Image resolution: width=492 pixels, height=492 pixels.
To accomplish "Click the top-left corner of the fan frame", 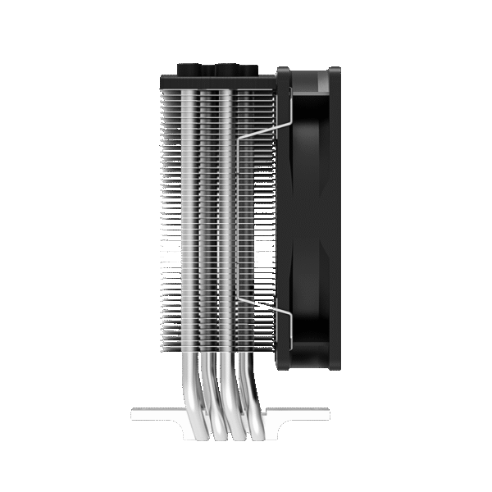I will click(x=282, y=72).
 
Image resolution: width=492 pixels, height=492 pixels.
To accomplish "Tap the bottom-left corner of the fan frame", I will click(x=282, y=365).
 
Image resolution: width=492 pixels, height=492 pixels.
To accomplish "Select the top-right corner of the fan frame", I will click(x=337, y=72).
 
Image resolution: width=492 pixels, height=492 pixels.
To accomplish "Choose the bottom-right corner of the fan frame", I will click(x=337, y=365).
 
